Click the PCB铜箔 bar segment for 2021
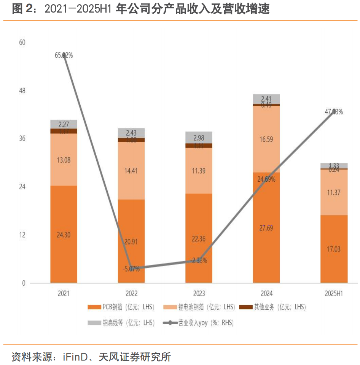click(x=64, y=234)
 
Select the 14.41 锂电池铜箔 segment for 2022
click(x=131, y=170)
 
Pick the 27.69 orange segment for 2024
click(x=266, y=228)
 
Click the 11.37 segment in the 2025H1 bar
click(x=334, y=192)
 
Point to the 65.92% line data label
click(x=64, y=56)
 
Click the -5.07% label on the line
click(x=131, y=269)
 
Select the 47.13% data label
click(x=334, y=112)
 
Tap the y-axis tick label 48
click(x=22, y=91)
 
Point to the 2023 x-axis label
click(x=199, y=294)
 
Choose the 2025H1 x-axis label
click(x=334, y=294)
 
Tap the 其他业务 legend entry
click(x=274, y=307)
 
